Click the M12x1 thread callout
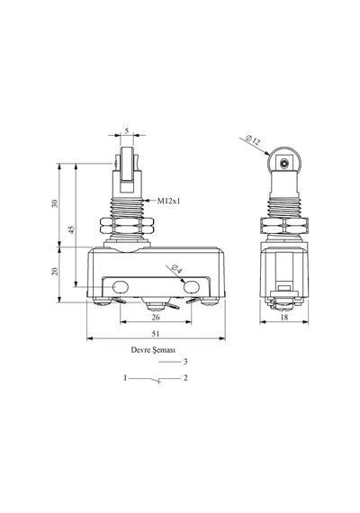(168, 201)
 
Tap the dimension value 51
(156, 333)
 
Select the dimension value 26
(156, 317)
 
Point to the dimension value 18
(284, 317)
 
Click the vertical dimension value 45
(72, 229)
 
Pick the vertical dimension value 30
(55, 203)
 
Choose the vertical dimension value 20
(55, 271)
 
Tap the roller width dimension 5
(127, 130)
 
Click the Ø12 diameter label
(253, 140)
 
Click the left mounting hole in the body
(121, 287)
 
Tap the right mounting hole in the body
(192, 287)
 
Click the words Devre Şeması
(153, 350)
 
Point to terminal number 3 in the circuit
(185, 362)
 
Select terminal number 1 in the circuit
(125, 378)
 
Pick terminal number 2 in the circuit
(185, 378)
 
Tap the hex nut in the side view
(284, 225)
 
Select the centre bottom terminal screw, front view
(156, 307)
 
